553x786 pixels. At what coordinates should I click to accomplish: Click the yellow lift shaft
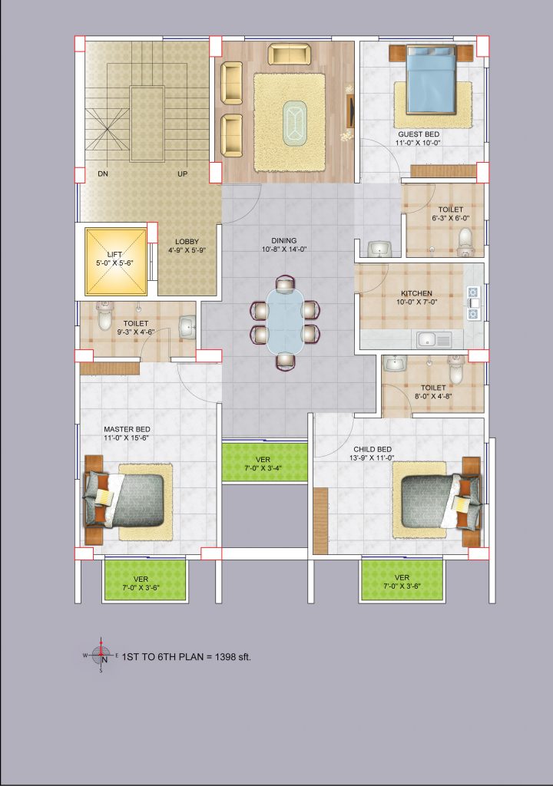click(116, 261)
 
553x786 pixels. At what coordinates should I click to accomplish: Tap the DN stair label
click(103, 174)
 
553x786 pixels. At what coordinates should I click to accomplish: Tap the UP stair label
click(182, 174)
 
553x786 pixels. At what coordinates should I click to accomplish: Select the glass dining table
click(285, 321)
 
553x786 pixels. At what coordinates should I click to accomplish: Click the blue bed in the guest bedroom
click(431, 80)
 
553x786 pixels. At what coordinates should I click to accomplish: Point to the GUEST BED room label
click(419, 134)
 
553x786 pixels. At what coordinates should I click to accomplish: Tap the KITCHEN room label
click(416, 293)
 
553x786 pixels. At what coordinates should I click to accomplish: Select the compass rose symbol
click(101, 656)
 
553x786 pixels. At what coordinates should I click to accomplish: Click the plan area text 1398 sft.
click(233, 657)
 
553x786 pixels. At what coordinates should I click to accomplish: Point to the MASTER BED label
click(127, 429)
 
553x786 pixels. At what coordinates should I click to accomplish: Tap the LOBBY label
click(187, 242)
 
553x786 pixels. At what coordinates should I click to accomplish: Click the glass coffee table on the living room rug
click(295, 124)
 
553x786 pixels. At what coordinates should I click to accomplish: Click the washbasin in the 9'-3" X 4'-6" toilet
click(188, 328)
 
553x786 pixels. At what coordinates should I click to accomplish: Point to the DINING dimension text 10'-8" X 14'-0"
click(284, 249)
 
